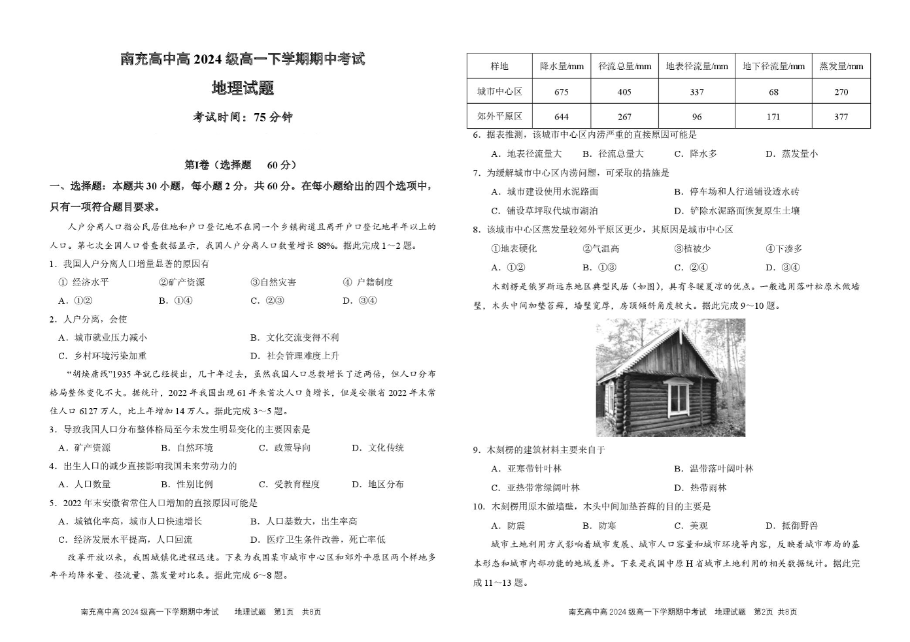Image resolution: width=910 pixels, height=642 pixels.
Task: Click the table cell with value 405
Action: click(x=624, y=92)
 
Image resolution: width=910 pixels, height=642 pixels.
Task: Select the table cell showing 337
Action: click(x=697, y=92)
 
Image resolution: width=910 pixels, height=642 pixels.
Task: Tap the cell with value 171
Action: click(x=773, y=117)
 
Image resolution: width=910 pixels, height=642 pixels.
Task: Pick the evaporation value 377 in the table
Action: click(x=841, y=117)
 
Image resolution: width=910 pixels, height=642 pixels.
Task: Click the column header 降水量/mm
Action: click(x=562, y=67)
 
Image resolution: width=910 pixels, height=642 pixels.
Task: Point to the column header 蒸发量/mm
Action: click(x=841, y=67)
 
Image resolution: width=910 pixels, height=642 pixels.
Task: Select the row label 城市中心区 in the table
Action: click(x=499, y=92)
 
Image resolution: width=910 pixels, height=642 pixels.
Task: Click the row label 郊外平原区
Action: click(x=499, y=117)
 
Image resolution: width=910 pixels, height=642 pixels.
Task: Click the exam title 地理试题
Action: click(x=242, y=88)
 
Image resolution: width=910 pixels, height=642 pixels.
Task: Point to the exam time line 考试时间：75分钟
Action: click(x=243, y=118)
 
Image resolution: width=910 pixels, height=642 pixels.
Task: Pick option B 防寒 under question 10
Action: click(x=599, y=526)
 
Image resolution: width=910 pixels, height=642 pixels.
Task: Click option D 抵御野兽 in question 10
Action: click(x=792, y=526)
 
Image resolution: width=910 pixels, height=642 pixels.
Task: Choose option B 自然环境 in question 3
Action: click(x=187, y=448)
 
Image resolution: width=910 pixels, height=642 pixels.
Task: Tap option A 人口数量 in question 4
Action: click(x=84, y=485)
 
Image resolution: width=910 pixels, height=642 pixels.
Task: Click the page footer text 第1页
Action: click(x=284, y=612)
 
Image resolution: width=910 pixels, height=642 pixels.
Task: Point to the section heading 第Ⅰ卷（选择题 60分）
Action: click(x=241, y=165)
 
